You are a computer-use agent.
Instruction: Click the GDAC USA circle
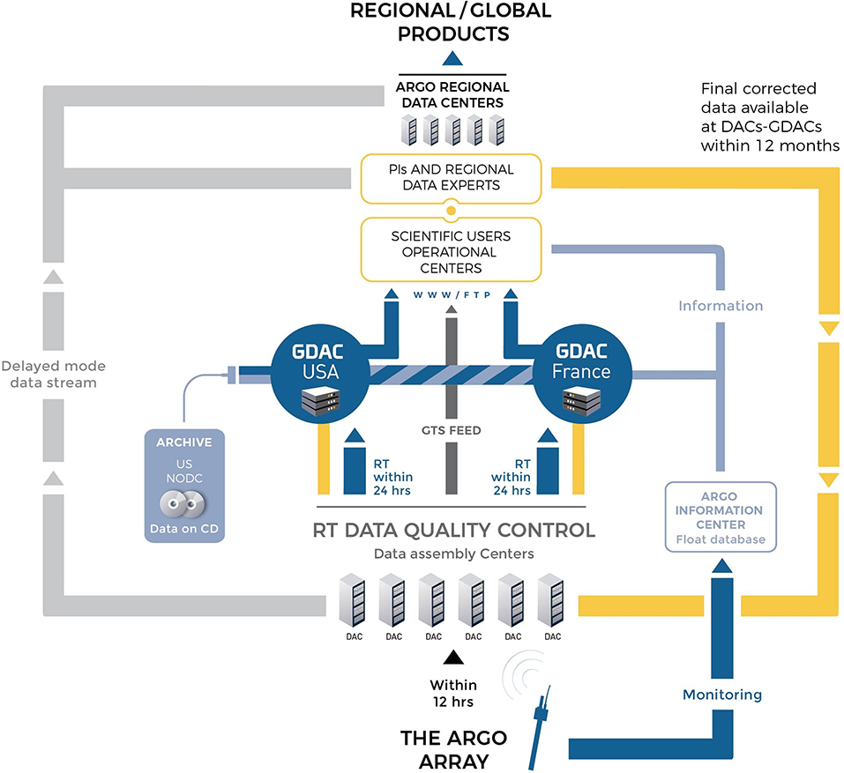pos(320,374)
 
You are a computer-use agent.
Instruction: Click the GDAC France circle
pos(582,374)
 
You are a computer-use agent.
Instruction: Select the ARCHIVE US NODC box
pos(184,485)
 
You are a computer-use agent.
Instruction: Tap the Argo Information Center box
pos(721,517)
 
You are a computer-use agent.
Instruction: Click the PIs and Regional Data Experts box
pos(451,179)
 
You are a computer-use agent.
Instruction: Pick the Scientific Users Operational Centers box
pos(451,249)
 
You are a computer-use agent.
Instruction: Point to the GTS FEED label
pos(451,430)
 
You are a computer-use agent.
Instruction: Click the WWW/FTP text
pos(452,294)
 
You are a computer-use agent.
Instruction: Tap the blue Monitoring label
pos(721,695)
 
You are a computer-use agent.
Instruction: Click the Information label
pos(721,306)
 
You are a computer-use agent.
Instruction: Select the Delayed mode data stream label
pos(53,375)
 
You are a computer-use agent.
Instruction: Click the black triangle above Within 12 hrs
pos(453,658)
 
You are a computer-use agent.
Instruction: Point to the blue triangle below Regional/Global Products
pos(452,58)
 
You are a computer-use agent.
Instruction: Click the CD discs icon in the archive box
pos(183,504)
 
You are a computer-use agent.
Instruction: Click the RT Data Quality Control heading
pos(454,530)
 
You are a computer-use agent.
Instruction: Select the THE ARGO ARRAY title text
pos(454,750)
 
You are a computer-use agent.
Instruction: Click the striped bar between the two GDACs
pos(451,375)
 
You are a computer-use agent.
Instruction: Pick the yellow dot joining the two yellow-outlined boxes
pos(451,211)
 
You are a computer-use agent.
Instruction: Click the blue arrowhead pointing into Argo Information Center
pos(721,566)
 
